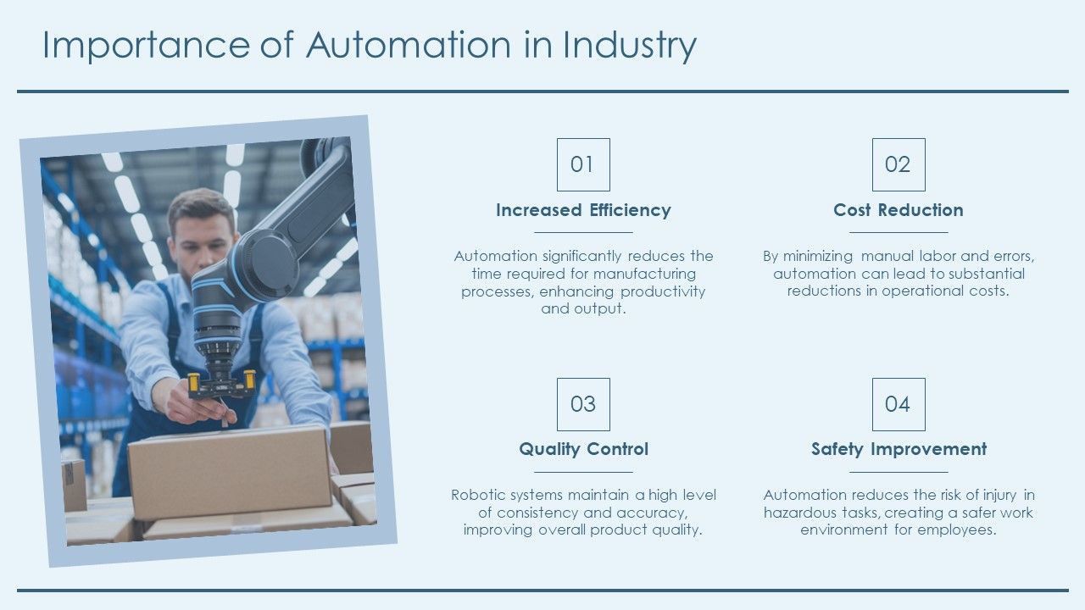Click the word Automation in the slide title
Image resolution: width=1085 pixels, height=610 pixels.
[409, 45]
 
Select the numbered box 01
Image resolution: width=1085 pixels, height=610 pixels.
[583, 164]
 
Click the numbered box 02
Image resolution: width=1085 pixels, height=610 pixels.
[899, 164]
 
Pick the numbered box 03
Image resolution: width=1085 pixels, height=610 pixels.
[583, 404]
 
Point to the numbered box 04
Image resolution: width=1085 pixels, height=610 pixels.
[899, 404]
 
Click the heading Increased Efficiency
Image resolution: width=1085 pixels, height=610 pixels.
[583, 210]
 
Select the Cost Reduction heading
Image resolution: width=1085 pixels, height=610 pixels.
[899, 210]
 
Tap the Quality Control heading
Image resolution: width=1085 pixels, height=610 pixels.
[583, 449]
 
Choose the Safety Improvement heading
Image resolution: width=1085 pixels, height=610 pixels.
[899, 449]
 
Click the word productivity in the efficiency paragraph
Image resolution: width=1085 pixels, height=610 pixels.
[663, 292]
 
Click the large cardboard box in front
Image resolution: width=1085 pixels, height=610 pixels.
[230, 472]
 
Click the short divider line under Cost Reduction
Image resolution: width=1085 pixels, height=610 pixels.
[899, 232]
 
